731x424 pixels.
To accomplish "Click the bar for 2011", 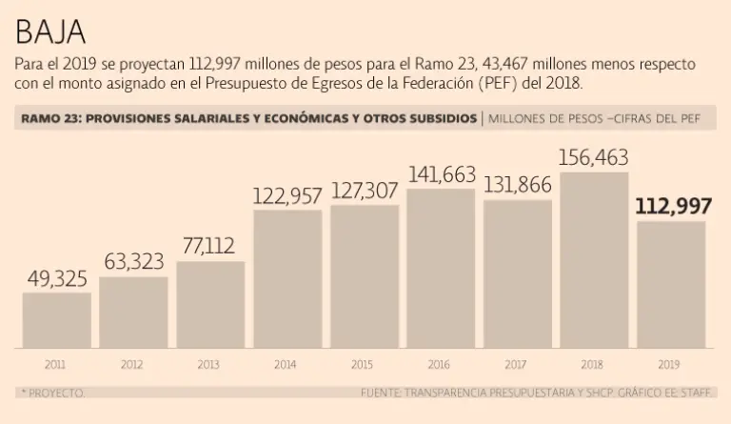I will click(x=56, y=320).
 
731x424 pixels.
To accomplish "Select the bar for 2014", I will click(x=287, y=278).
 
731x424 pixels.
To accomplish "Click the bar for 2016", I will click(x=441, y=268).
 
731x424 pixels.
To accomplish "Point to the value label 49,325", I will click(x=56, y=278).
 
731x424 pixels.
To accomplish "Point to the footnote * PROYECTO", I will click(x=51, y=392).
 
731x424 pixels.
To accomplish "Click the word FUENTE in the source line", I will click(x=383, y=392).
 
